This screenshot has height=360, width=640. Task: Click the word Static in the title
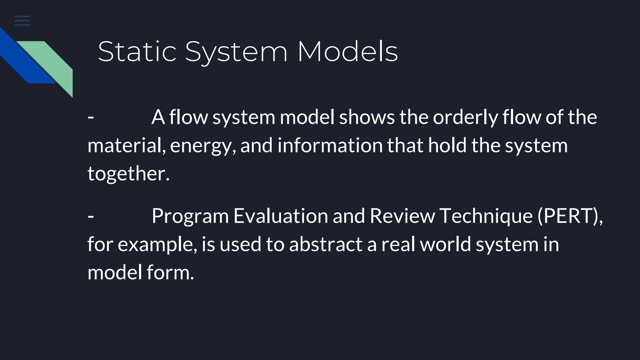(x=137, y=51)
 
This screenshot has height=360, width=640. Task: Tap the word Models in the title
(x=347, y=51)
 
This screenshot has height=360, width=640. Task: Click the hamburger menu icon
(x=22, y=21)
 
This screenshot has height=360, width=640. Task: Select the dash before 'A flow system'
(x=91, y=117)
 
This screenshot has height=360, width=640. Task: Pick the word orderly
(x=465, y=117)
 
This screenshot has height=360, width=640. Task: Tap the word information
(x=330, y=145)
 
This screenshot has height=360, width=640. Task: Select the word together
(x=128, y=174)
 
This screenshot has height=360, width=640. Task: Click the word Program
(x=190, y=216)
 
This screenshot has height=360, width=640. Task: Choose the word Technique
(x=486, y=216)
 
